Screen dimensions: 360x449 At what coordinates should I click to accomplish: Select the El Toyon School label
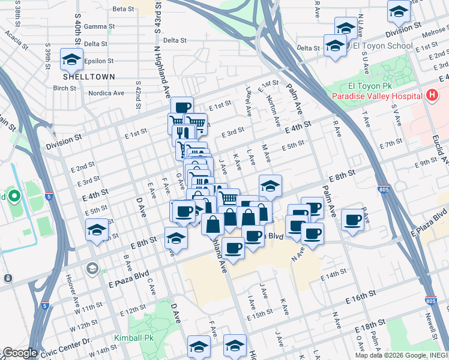382,46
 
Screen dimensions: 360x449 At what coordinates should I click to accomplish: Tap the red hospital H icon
430,95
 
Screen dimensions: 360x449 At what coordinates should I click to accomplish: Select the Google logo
20,353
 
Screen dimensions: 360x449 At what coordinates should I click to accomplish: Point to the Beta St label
123,9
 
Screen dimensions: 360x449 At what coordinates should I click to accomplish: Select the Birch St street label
65,88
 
